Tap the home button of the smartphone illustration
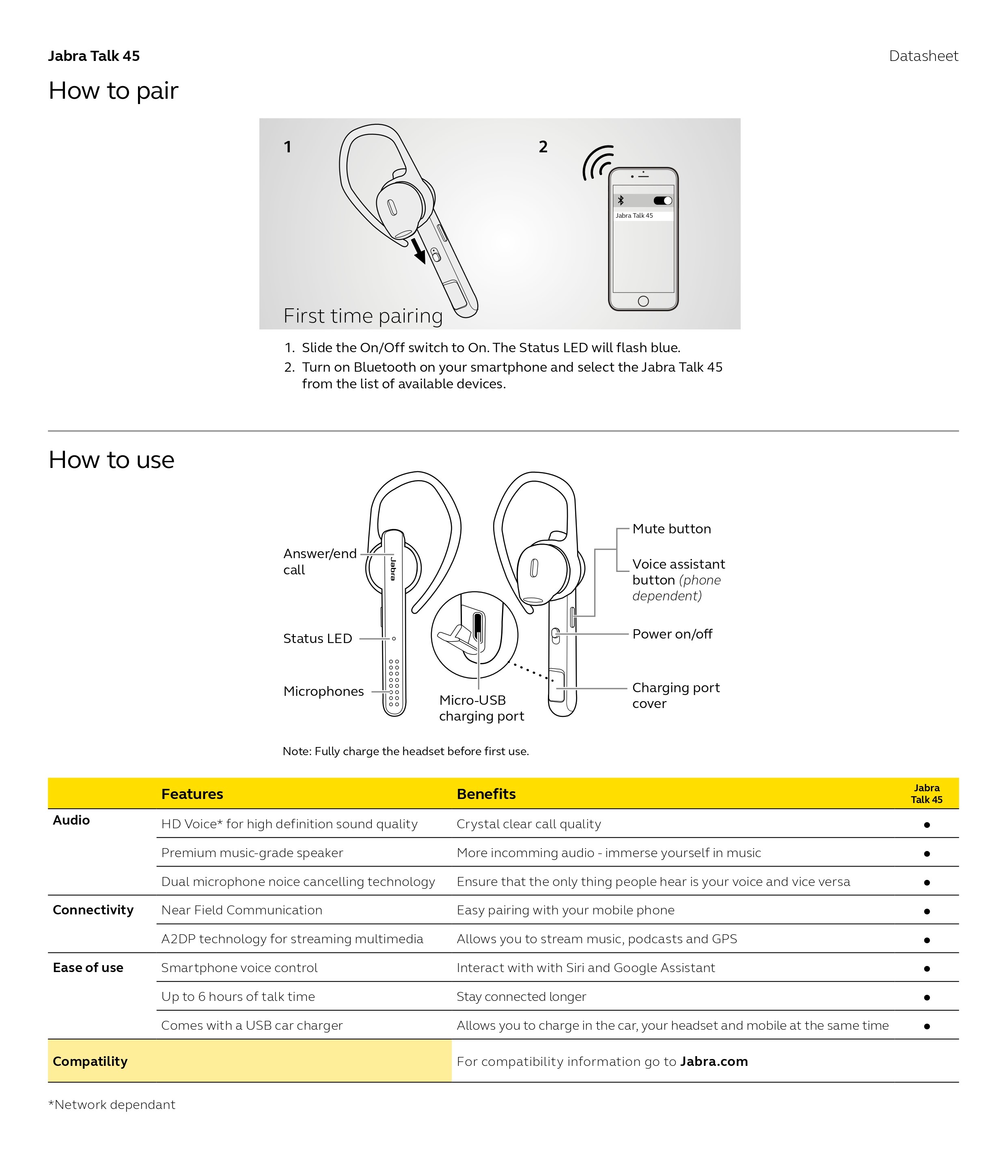coord(643,301)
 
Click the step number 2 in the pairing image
coord(543,147)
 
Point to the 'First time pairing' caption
coord(362,316)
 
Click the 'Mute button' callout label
coord(671,528)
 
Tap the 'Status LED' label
coord(317,638)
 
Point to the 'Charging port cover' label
coord(675,695)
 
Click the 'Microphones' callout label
coord(323,691)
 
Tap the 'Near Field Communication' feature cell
coord(242,910)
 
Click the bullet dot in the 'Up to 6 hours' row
coord(926,998)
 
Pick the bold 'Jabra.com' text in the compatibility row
coord(713,1061)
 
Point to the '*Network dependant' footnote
coord(112,1104)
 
